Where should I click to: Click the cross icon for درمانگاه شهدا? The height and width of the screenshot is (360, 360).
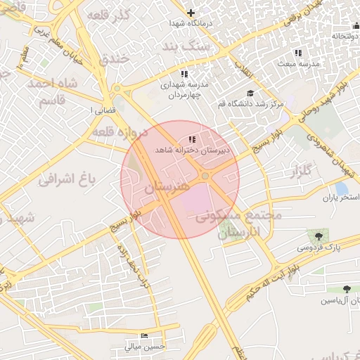click(191, 12)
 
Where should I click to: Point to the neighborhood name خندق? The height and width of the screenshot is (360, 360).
click(115, 58)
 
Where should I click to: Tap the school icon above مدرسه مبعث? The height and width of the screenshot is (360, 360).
click(297, 53)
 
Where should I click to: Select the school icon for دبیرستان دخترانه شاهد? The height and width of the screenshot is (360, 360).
click(192, 139)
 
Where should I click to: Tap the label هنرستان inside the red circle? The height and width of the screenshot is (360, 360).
click(167, 188)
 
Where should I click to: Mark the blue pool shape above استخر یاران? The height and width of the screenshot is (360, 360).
click(342, 188)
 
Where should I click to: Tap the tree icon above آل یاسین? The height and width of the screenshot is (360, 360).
click(347, 289)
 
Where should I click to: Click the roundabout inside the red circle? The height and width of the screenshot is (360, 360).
click(205, 175)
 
